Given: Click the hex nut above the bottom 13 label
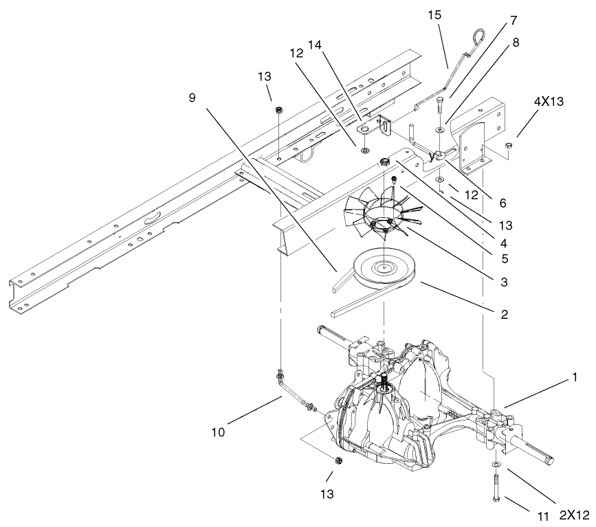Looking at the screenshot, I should (338, 459).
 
